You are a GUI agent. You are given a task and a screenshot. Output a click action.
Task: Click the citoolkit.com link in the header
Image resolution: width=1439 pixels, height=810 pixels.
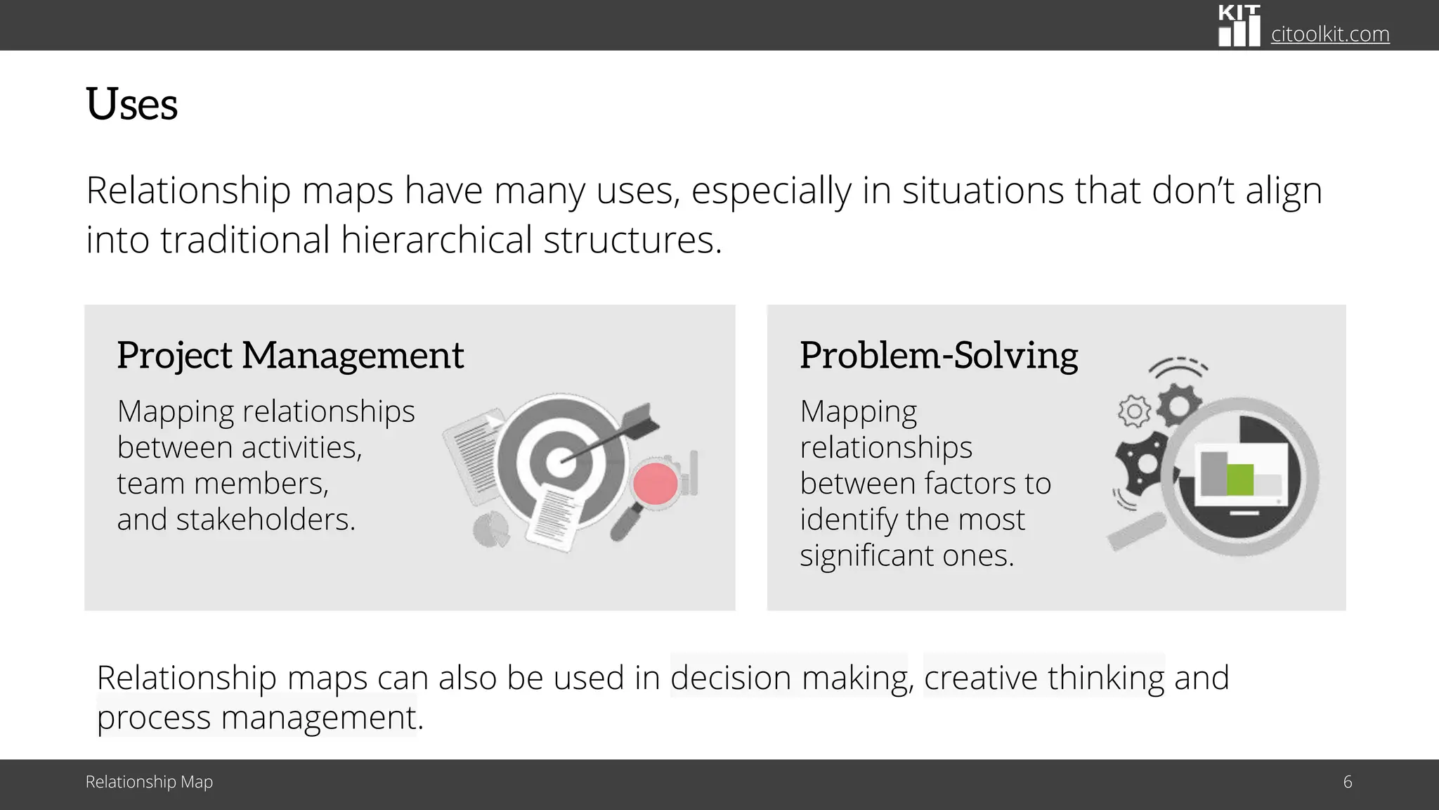1330,34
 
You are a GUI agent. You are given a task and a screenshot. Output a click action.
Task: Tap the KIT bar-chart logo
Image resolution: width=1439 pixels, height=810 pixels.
1239,26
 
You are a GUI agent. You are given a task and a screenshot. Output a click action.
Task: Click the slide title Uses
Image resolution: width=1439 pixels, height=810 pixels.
131,105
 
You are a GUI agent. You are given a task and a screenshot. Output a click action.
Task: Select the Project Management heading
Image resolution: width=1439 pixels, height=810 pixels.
290,355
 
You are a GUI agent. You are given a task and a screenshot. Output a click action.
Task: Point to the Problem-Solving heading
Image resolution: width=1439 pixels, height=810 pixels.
938,355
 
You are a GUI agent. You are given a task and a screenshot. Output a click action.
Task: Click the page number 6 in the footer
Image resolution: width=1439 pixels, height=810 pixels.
1347,782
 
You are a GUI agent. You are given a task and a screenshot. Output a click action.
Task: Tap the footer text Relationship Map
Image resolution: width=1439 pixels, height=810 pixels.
149,782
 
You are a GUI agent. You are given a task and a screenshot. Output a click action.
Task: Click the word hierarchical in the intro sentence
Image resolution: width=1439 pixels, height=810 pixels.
436,240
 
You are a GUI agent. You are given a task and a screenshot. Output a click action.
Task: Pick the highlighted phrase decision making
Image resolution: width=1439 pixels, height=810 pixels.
788,678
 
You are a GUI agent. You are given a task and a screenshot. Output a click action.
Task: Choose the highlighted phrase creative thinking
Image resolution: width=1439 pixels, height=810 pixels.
1044,678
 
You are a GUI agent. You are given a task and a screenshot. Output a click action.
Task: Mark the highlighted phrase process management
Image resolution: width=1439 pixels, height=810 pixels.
256,718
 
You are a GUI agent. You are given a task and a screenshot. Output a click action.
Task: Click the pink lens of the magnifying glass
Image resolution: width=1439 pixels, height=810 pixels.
655,484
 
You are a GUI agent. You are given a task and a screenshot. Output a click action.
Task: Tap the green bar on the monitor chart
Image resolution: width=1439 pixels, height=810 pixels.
1239,480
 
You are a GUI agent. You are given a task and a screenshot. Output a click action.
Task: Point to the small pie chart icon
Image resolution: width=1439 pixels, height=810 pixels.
490,529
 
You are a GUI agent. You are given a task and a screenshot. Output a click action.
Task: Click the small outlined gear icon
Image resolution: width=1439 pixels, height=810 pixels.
1133,411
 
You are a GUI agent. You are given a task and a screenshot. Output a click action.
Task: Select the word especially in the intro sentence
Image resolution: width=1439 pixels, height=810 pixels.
771,191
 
